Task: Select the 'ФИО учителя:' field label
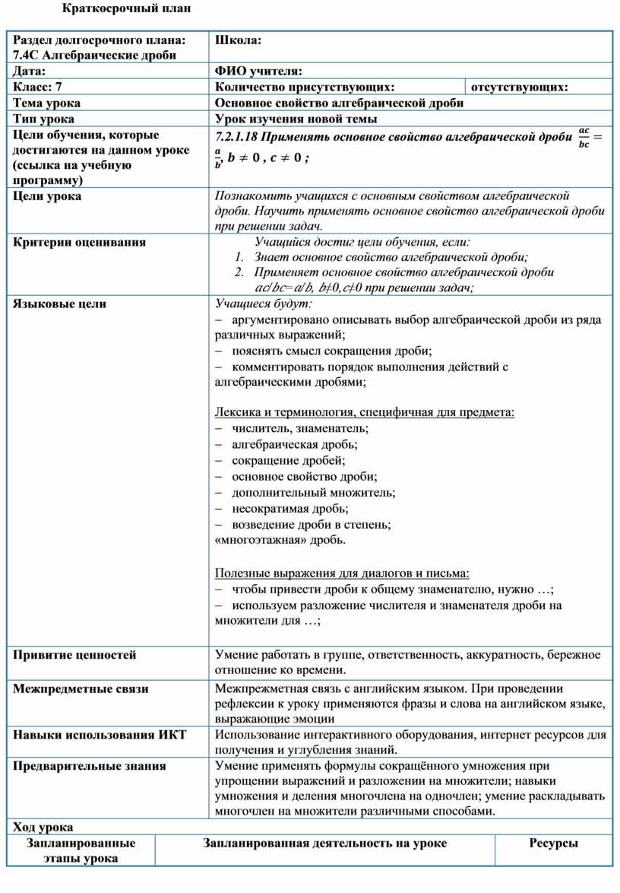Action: click(x=259, y=71)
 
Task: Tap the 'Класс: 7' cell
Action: click(x=37, y=87)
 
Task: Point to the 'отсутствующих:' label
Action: click(x=520, y=87)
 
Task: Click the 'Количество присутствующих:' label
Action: click(x=305, y=87)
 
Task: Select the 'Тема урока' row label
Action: click(x=47, y=103)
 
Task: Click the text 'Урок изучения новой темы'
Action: click(x=296, y=119)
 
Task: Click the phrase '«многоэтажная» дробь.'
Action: click(x=280, y=540)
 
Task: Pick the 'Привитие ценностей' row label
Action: click(x=74, y=654)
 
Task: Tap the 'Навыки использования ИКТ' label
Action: click(x=100, y=734)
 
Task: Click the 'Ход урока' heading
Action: click(x=43, y=827)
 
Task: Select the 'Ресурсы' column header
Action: click(x=553, y=843)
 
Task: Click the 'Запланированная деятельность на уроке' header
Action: click(x=324, y=843)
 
